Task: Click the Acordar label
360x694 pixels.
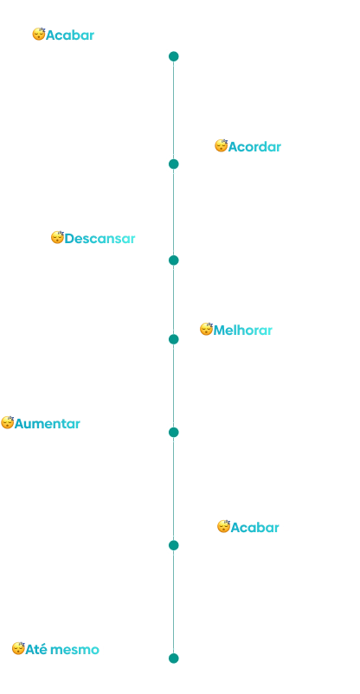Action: click(254, 147)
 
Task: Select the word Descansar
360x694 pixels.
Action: click(100, 239)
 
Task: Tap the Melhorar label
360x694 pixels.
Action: click(242, 331)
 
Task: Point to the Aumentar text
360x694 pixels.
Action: click(47, 424)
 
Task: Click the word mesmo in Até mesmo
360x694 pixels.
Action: click(74, 650)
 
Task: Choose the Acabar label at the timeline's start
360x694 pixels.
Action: click(70, 35)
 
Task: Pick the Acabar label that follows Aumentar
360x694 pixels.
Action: click(254, 528)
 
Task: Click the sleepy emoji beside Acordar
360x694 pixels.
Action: click(221, 145)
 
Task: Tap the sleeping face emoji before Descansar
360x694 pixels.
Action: click(57, 237)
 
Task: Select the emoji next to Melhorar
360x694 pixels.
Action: click(206, 329)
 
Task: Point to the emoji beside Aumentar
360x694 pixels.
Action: click(7, 422)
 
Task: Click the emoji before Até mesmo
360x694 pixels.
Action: click(18, 648)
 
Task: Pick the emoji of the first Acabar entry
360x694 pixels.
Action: click(39, 34)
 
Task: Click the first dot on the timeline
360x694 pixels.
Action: click(174, 56)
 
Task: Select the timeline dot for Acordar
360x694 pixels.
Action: click(174, 164)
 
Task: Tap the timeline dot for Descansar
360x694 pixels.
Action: click(174, 260)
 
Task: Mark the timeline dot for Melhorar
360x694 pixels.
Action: click(174, 339)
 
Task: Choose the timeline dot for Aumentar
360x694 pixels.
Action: click(174, 433)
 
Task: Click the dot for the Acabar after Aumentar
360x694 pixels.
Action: click(174, 545)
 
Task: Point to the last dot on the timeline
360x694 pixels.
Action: click(174, 659)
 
